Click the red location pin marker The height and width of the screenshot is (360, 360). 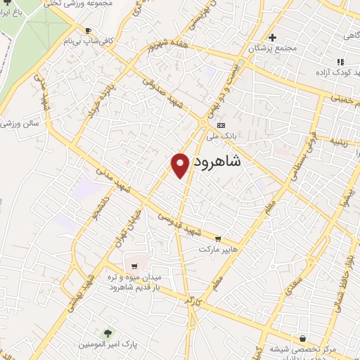(x=181, y=163)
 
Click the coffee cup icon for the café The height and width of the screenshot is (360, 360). (x=88, y=30)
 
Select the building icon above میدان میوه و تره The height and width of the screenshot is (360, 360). (x=134, y=266)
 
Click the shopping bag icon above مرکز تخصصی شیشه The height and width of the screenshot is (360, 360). (x=302, y=337)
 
